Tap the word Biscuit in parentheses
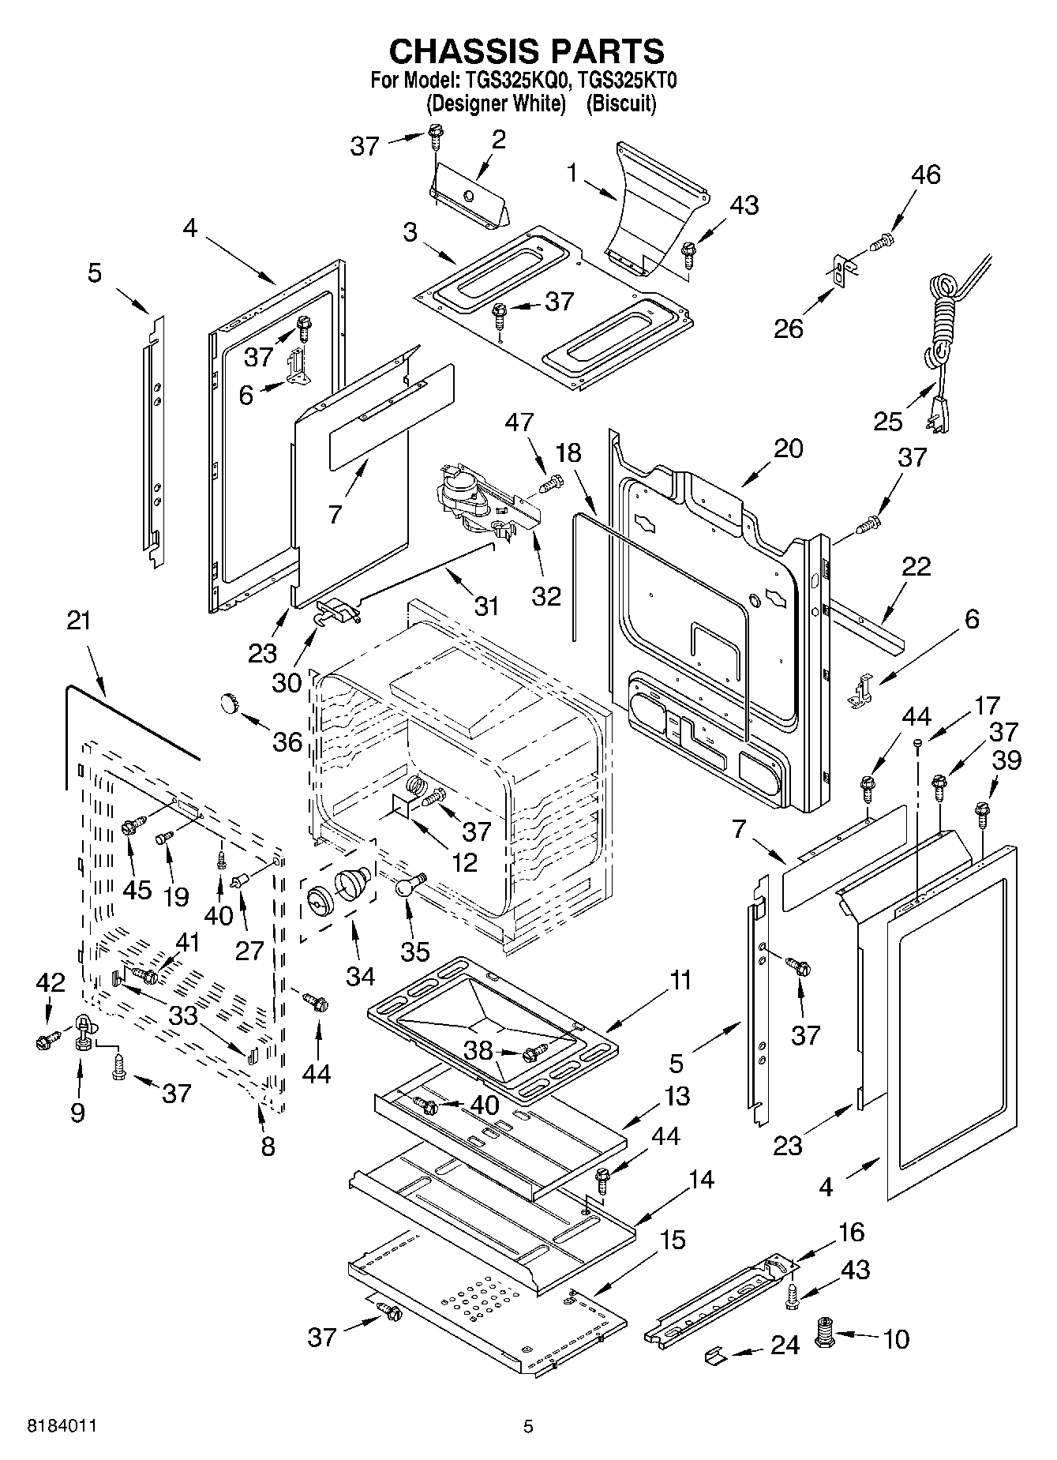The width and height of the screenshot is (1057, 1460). pyautogui.click(x=620, y=103)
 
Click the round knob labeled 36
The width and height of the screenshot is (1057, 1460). pyautogui.click(x=230, y=702)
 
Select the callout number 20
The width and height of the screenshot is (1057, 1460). pyautogui.click(x=788, y=449)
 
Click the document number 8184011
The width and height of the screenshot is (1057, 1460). pyautogui.click(x=62, y=1426)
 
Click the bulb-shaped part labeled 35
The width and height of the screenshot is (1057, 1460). pyautogui.click(x=406, y=886)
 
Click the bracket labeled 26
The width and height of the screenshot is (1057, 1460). pyautogui.click(x=839, y=269)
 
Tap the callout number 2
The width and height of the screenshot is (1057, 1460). pyautogui.click(x=497, y=139)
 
